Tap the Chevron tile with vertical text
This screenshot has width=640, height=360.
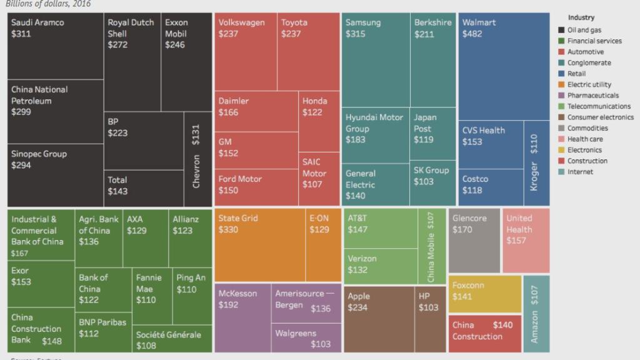coord(196,159)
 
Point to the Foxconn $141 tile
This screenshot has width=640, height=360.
coord(484,294)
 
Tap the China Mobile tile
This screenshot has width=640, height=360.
coord(432,247)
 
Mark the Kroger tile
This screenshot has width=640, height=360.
coord(536,162)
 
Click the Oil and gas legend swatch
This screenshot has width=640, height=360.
coord(562,30)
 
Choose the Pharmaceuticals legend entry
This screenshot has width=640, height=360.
coord(592,96)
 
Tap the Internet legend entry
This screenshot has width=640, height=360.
coord(580,172)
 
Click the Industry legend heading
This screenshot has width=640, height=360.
coord(581,17)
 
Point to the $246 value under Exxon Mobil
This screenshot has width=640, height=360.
coord(175,45)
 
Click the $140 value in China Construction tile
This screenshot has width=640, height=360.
coord(502,325)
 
